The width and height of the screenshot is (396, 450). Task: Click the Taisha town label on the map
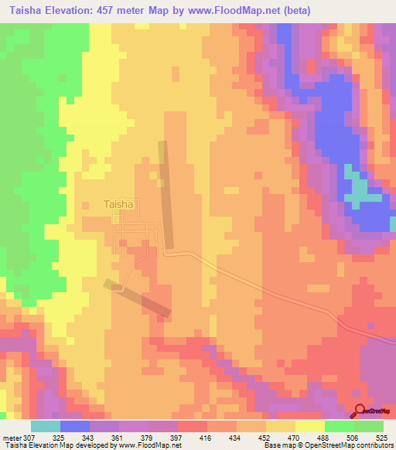[x=118, y=205]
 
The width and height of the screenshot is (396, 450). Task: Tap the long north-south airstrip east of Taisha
[x=166, y=193]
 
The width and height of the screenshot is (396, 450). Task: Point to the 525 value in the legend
[x=381, y=437]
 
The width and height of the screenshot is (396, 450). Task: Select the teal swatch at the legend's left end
[x=45, y=426]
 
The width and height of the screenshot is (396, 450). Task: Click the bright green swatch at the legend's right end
[x=369, y=426]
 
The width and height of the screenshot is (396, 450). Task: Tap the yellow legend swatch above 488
[x=310, y=426]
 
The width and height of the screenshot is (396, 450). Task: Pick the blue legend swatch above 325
[x=74, y=426]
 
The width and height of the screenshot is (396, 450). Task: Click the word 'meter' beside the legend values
[x=11, y=437]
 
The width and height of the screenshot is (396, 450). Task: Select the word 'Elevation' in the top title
[x=81, y=10]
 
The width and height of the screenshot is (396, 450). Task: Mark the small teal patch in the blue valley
[x=357, y=190]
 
